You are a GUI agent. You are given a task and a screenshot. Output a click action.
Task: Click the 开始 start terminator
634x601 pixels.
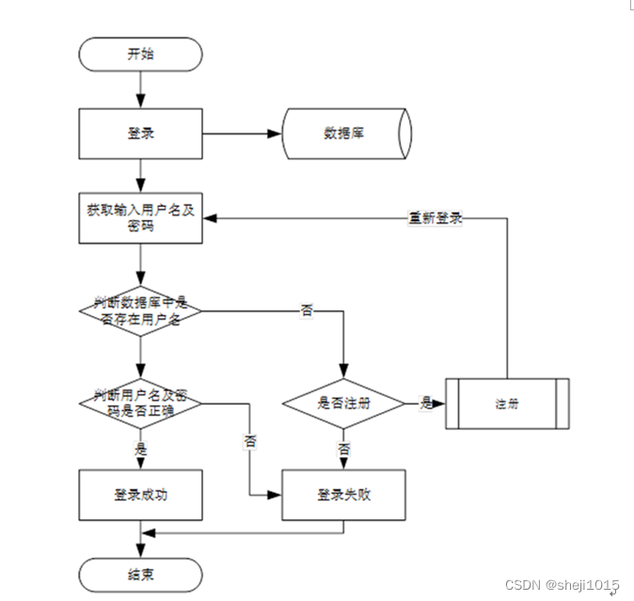coord(140,55)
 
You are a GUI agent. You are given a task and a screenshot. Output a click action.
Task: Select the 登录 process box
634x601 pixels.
coord(140,134)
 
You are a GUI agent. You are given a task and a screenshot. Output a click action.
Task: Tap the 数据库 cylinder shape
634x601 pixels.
coord(346,134)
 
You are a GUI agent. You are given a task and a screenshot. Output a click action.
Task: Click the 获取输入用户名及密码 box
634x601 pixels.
coord(140,218)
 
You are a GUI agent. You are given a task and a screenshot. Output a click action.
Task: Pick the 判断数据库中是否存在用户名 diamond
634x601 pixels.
coord(140,311)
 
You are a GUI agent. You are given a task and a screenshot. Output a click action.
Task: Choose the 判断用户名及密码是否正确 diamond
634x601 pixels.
coord(140,403)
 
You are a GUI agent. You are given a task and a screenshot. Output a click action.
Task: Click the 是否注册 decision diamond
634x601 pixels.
coord(343,403)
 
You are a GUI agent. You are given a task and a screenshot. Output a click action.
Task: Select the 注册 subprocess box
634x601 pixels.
coord(507,403)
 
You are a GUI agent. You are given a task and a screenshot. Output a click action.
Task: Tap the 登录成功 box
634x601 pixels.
coord(140,495)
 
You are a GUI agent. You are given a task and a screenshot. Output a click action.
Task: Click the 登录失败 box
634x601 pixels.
coord(343,495)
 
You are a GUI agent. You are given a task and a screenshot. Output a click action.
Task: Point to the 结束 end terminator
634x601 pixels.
coord(140,575)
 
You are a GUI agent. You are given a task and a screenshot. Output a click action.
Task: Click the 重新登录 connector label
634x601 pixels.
coord(436,218)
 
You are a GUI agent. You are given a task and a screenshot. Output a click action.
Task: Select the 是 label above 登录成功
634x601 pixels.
coord(140,449)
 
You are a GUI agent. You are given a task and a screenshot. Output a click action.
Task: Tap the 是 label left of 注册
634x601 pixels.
coord(426,403)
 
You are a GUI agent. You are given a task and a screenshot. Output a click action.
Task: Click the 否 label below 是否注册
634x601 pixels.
coord(343,449)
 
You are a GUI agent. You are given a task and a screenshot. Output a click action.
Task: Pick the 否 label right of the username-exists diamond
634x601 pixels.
coord(307,310)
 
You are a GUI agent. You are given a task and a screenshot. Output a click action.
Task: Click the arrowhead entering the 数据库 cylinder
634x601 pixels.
coord(275,134)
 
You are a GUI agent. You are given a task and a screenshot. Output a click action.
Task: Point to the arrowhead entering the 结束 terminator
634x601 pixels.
coord(140,551)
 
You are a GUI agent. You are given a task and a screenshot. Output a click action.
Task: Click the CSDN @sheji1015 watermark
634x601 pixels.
coord(562,585)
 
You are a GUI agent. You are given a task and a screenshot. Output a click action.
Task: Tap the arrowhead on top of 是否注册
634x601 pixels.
coord(343,371)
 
